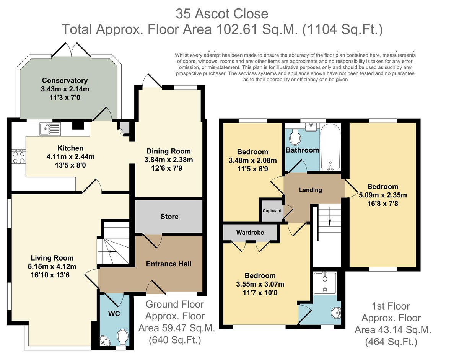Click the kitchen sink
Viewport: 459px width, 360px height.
coord(50,129)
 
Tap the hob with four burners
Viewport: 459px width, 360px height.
coord(19,157)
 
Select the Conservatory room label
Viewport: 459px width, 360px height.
coord(65,80)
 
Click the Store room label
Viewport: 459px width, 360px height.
coord(169,217)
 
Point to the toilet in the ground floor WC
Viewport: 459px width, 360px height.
coord(123,338)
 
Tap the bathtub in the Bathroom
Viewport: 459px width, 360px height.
coord(330,147)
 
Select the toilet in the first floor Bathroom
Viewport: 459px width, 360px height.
coord(295,136)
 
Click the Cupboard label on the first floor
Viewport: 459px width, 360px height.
coord(272,211)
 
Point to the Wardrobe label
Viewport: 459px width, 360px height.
coord(250,232)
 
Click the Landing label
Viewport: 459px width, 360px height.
coord(311,190)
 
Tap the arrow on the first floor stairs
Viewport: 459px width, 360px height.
coord(329,217)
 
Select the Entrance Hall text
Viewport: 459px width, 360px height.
coord(169,264)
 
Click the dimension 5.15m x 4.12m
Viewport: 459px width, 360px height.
coord(52,266)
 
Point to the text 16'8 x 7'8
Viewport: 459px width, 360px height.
coord(383,204)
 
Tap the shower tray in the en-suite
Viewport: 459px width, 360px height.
coord(325,283)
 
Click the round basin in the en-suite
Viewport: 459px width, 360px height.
coord(336,313)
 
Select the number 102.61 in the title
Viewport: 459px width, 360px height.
coord(238,29)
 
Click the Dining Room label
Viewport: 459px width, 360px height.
coord(169,151)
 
